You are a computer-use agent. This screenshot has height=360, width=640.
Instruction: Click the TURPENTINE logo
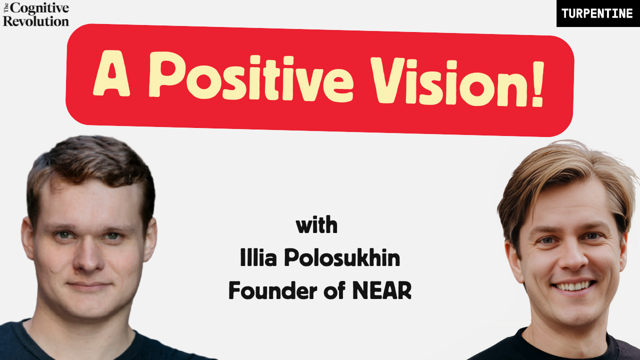pos(598,13)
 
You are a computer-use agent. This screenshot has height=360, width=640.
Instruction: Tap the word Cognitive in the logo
pos(39,8)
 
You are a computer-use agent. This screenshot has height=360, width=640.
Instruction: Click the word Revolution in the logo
pos(35,21)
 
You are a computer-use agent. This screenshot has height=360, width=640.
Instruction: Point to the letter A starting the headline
pos(111,73)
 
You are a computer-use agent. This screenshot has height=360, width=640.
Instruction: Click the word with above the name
pos(316,225)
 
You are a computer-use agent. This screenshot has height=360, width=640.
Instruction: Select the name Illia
pos(258,257)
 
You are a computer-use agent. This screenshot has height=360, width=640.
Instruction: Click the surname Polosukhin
pos(342,257)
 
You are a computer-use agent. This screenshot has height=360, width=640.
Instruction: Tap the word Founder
pos(273,290)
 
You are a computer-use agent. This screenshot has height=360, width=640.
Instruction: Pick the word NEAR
pos(382,290)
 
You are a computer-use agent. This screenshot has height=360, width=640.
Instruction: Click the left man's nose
pos(87,257)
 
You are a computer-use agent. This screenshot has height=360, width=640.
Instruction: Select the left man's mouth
pos(88,285)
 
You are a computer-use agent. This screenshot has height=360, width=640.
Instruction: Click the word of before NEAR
pos(335,290)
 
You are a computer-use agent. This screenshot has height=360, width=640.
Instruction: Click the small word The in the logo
pos(6,8)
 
